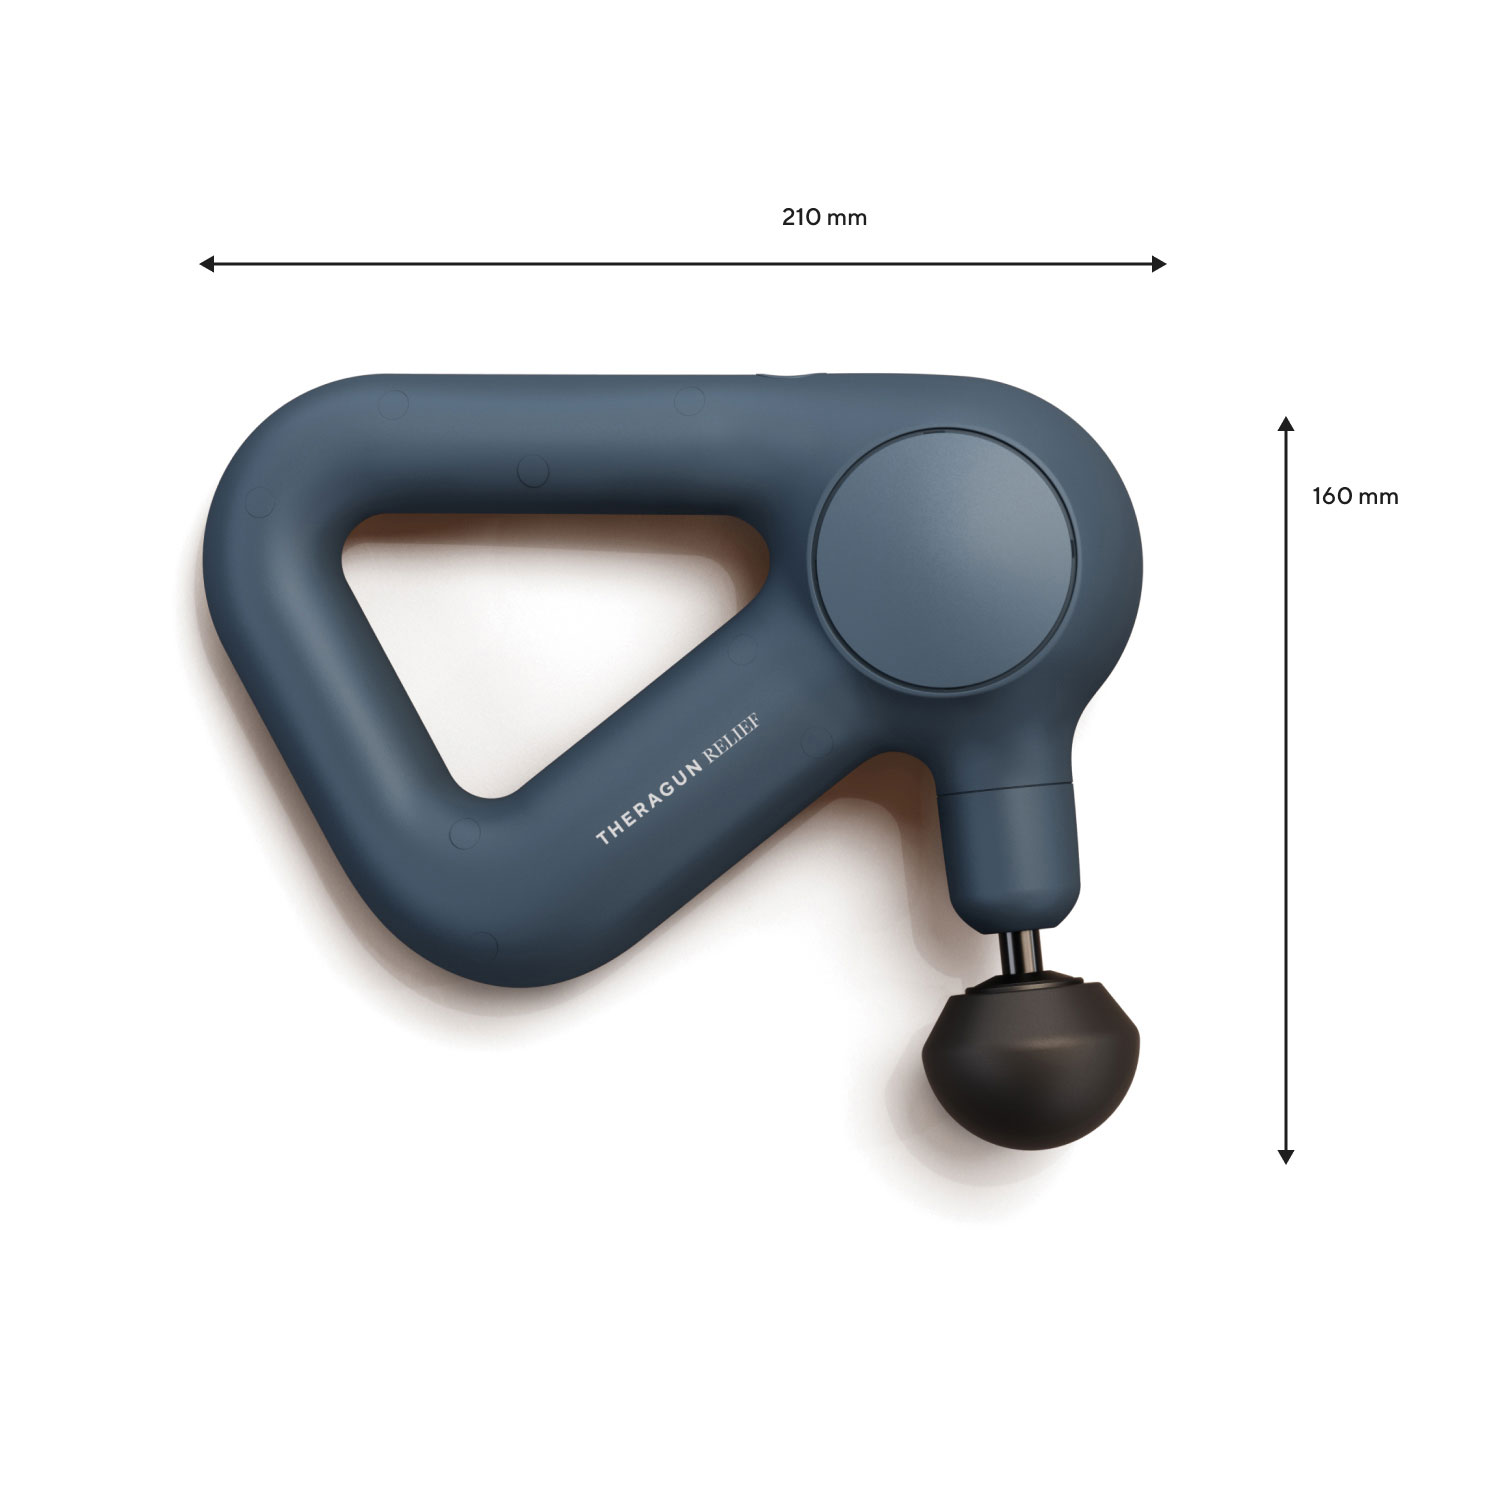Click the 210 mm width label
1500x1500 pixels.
click(824, 217)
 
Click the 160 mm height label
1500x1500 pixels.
click(1355, 496)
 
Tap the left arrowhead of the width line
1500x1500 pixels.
click(207, 264)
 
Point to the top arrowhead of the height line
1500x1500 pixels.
click(1286, 424)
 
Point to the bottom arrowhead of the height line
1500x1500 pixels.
click(1286, 1156)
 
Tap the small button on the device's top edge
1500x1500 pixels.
click(790, 376)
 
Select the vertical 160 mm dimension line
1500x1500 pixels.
click(1286, 790)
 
